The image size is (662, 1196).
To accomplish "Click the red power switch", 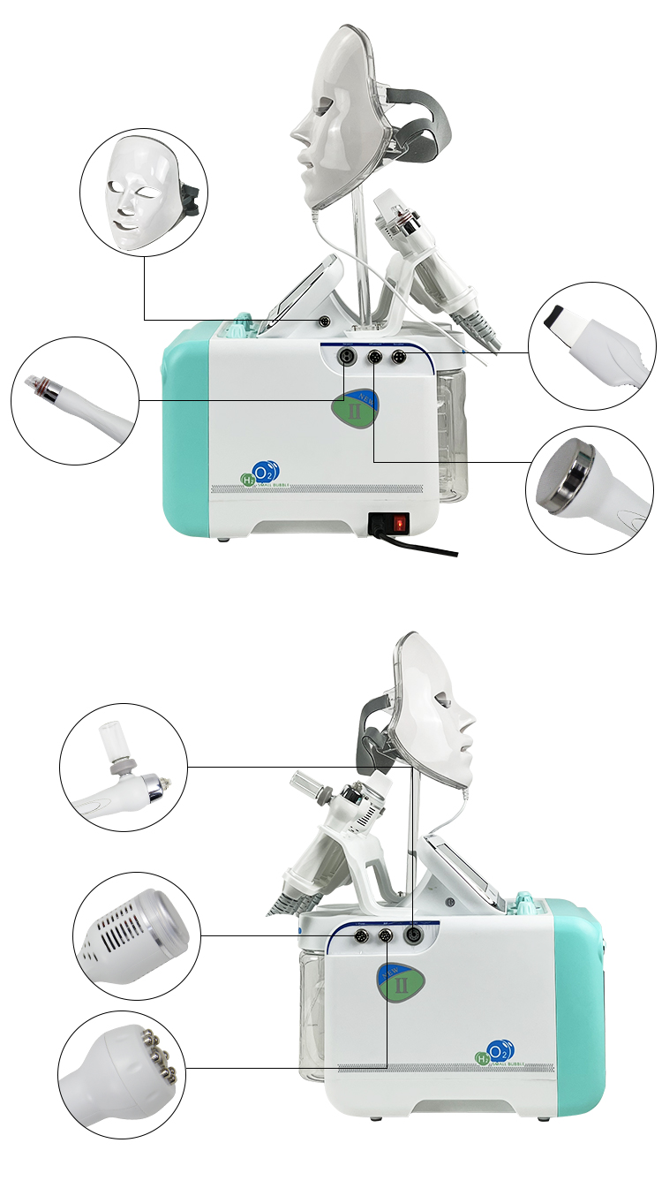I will tap(399, 523).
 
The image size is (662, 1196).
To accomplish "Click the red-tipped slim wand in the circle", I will tap(74, 399).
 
